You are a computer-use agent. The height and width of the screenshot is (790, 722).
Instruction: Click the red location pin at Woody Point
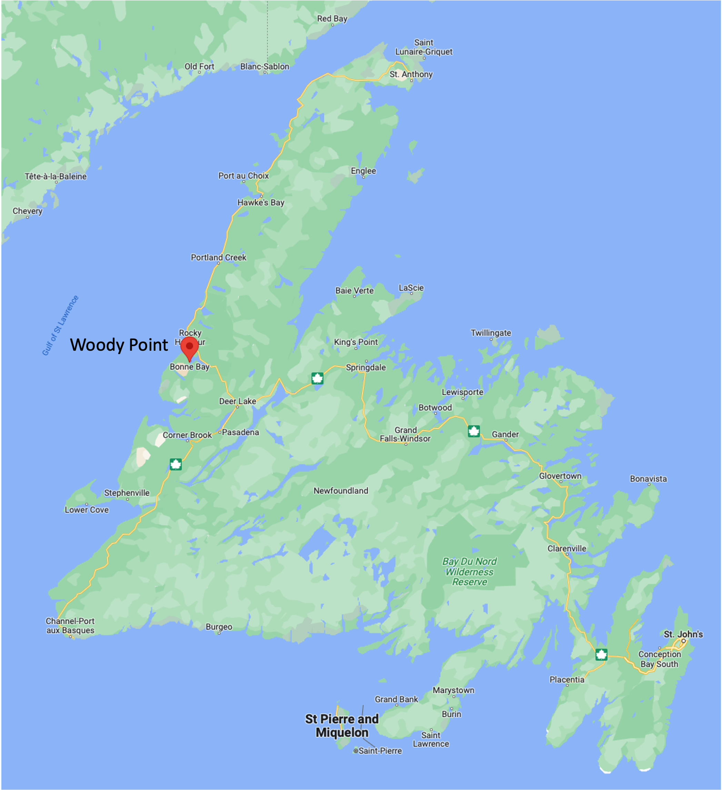pyautogui.click(x=189, y=347)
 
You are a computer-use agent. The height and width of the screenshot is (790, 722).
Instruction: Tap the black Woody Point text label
pyautogui.click(x=119, y=345)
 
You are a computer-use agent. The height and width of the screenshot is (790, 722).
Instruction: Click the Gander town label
pyautogui.click(x=505, y=434)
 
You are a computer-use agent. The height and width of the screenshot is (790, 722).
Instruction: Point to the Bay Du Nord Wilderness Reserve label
pyautogui.click(x=469, y=572)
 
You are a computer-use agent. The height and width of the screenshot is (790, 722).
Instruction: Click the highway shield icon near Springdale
pyautogui.click(x=317, y=379)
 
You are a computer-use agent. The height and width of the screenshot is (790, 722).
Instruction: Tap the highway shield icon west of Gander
pyautogui.click(x=474, y=431)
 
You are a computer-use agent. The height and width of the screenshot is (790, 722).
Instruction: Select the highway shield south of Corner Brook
pyautogui.click(x=176, y=464)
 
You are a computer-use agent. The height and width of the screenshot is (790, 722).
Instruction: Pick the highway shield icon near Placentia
pyautogui.click(x=601, y=654)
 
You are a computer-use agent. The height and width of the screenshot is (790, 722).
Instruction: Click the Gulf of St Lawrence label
pyautogui.click(x=60, y=326)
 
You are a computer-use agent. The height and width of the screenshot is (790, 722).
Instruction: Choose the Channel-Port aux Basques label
pyautogui.click(x=70, y=626)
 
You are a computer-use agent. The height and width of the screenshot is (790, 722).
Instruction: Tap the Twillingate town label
pyautogui.click(x=491, y=333)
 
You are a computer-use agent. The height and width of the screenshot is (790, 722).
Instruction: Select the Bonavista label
pyautogui.click(x=648, y=479)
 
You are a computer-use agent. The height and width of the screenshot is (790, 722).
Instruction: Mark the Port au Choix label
pyautogui.click(x=243, y=176)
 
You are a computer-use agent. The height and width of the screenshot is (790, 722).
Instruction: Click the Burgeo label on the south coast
pyautogui.click(x=219, y=627)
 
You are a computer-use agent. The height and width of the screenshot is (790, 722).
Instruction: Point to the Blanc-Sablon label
pyautogui.click(x=264, y=66)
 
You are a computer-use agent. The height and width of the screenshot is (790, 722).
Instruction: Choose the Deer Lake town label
pyautogui.click(x=238, y=401)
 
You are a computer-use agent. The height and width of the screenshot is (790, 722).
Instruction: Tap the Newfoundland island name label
pyautogui.click(x=340, y=491)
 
